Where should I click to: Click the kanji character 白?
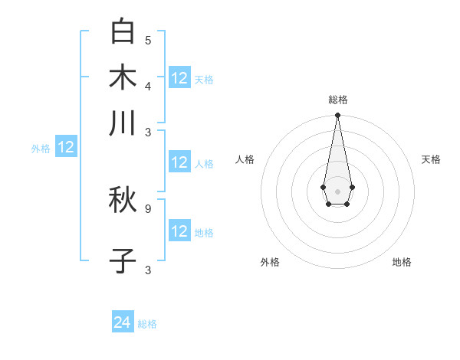click(x=123, y=31)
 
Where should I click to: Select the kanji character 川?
click(x=123, y=123)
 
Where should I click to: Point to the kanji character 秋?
click(x=123, y=200)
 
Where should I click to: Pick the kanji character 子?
click(x=123, y=261)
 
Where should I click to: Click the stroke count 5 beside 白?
click(x=148, y=40)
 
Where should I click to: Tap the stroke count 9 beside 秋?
click(x=148, y=208)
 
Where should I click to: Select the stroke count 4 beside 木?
click(x=148, y=85)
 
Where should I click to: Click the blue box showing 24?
click(x=123, y=322)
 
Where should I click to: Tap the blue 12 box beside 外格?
click(x=66, y=147)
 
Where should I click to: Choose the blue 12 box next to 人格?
click(x=179, y=162)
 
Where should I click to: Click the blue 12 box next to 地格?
click(x=179, y=231)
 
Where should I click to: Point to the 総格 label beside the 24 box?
click(x=147, y=324)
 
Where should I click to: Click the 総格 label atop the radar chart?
click(x=337, y=100)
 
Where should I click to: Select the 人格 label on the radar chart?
click(x=245, y=159)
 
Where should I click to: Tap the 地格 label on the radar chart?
click(x=402, y=262)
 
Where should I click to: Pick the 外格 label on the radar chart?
click(x=270, y=262)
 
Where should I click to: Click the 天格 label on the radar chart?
click(x=431, y=159)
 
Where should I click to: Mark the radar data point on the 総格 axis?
click(x=337, y=116)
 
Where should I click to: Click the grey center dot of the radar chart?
click(x=337, y=191)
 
